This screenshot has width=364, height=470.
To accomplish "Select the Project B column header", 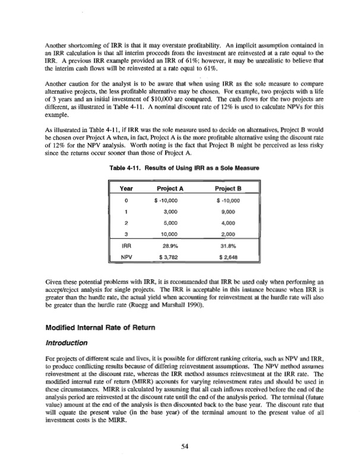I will [230, 188].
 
